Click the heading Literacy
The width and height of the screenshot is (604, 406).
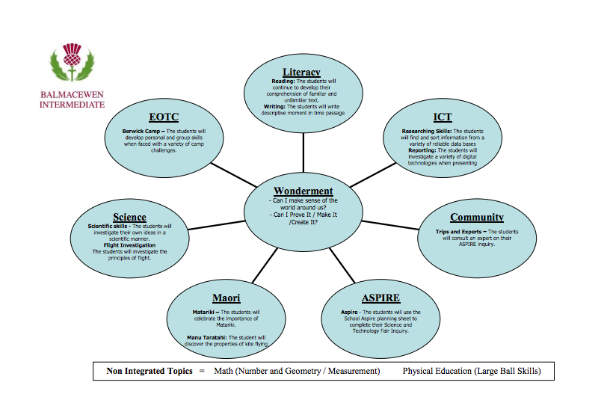coord(302,73)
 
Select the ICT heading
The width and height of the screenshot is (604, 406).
coord(443,117)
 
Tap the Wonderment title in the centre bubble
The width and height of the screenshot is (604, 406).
coord(302,191)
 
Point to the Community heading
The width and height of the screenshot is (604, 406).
coord(476,218)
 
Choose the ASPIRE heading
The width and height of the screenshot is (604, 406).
coord(380,298)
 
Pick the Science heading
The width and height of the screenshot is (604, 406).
coord(129,218)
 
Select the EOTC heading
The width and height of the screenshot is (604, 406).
coord(163,117)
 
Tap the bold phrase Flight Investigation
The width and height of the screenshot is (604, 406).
coord(130,245)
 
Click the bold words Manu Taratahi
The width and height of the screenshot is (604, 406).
coord(209,338)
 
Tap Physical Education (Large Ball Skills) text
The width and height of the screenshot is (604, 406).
coord(471,371)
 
